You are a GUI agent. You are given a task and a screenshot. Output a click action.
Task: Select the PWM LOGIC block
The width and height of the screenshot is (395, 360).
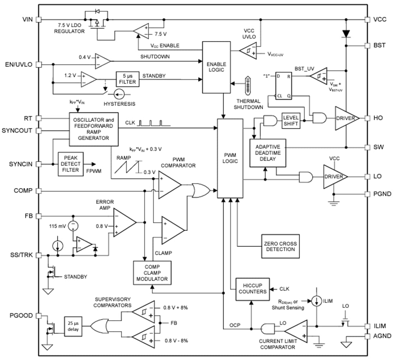click(230, 158)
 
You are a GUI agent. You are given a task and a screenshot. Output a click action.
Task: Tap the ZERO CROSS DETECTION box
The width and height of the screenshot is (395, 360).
click(279, 246)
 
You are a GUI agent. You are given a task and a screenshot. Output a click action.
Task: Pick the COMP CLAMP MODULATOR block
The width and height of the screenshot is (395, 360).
click(152, 273)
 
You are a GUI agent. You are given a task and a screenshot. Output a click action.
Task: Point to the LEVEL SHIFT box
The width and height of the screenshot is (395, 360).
click(291, 121)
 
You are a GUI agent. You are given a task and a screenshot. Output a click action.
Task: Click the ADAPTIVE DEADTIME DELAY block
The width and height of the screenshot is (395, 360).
click(268, 153)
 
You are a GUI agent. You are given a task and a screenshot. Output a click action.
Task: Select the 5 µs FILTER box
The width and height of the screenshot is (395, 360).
click(127, 79)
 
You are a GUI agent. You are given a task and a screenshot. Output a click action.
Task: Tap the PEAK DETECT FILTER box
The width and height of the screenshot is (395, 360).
click(70, 164)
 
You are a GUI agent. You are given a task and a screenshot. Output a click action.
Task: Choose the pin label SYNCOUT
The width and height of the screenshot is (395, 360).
click(17, 130)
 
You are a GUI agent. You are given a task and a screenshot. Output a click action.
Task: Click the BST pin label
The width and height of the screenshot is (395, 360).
click(379, 46)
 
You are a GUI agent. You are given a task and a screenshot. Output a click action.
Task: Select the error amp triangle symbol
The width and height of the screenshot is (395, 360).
click(123, 223)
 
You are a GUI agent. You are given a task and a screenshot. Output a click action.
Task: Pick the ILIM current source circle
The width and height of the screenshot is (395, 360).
click(317, 300)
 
